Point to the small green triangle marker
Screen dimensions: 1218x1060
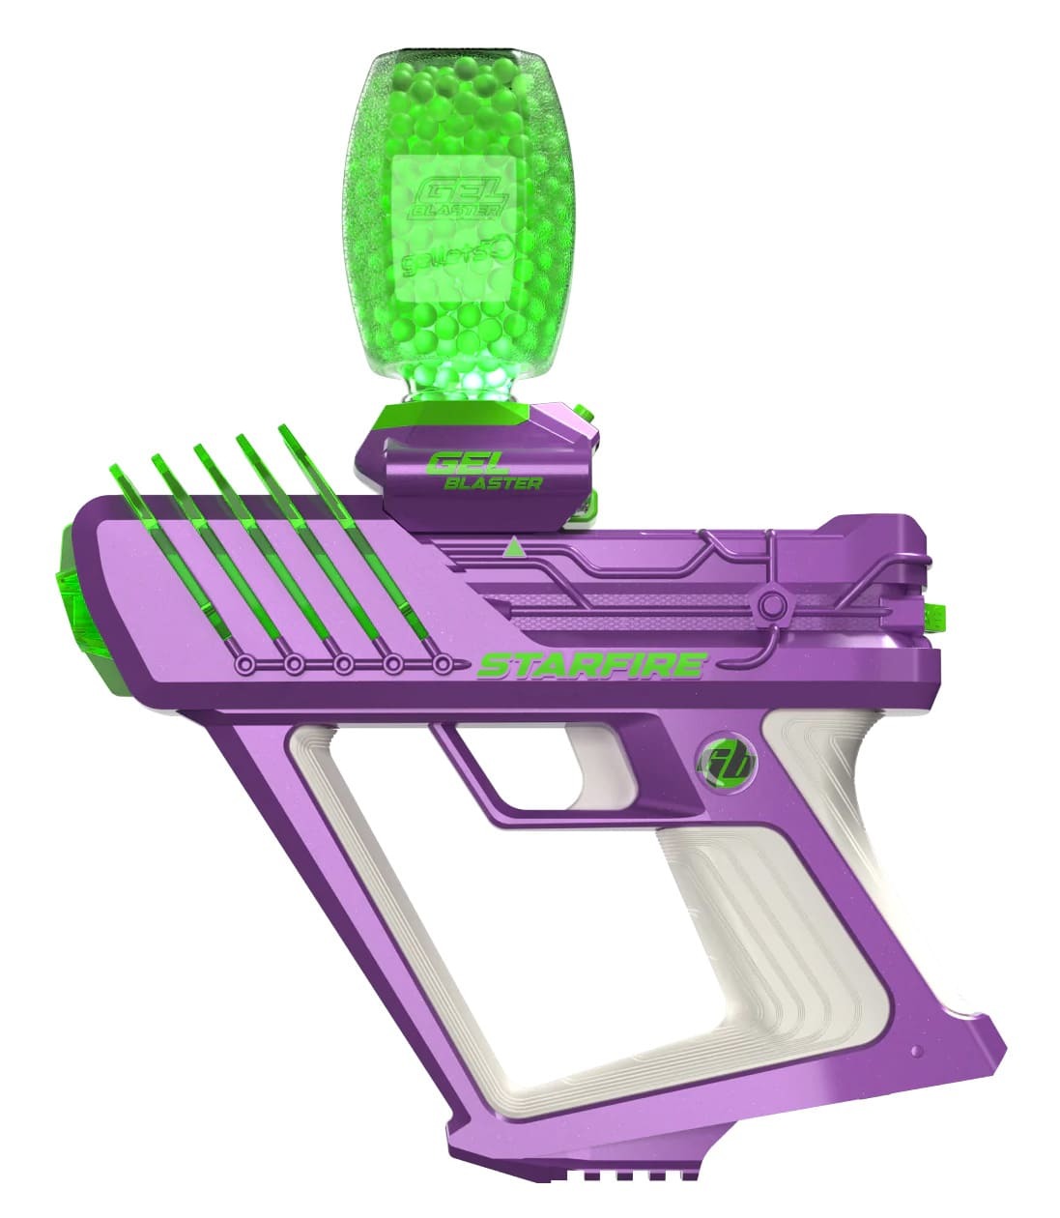tap(514, 549)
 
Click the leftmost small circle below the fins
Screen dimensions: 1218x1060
tap(246, 665)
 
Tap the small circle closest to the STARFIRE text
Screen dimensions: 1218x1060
tap(442, 665)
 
